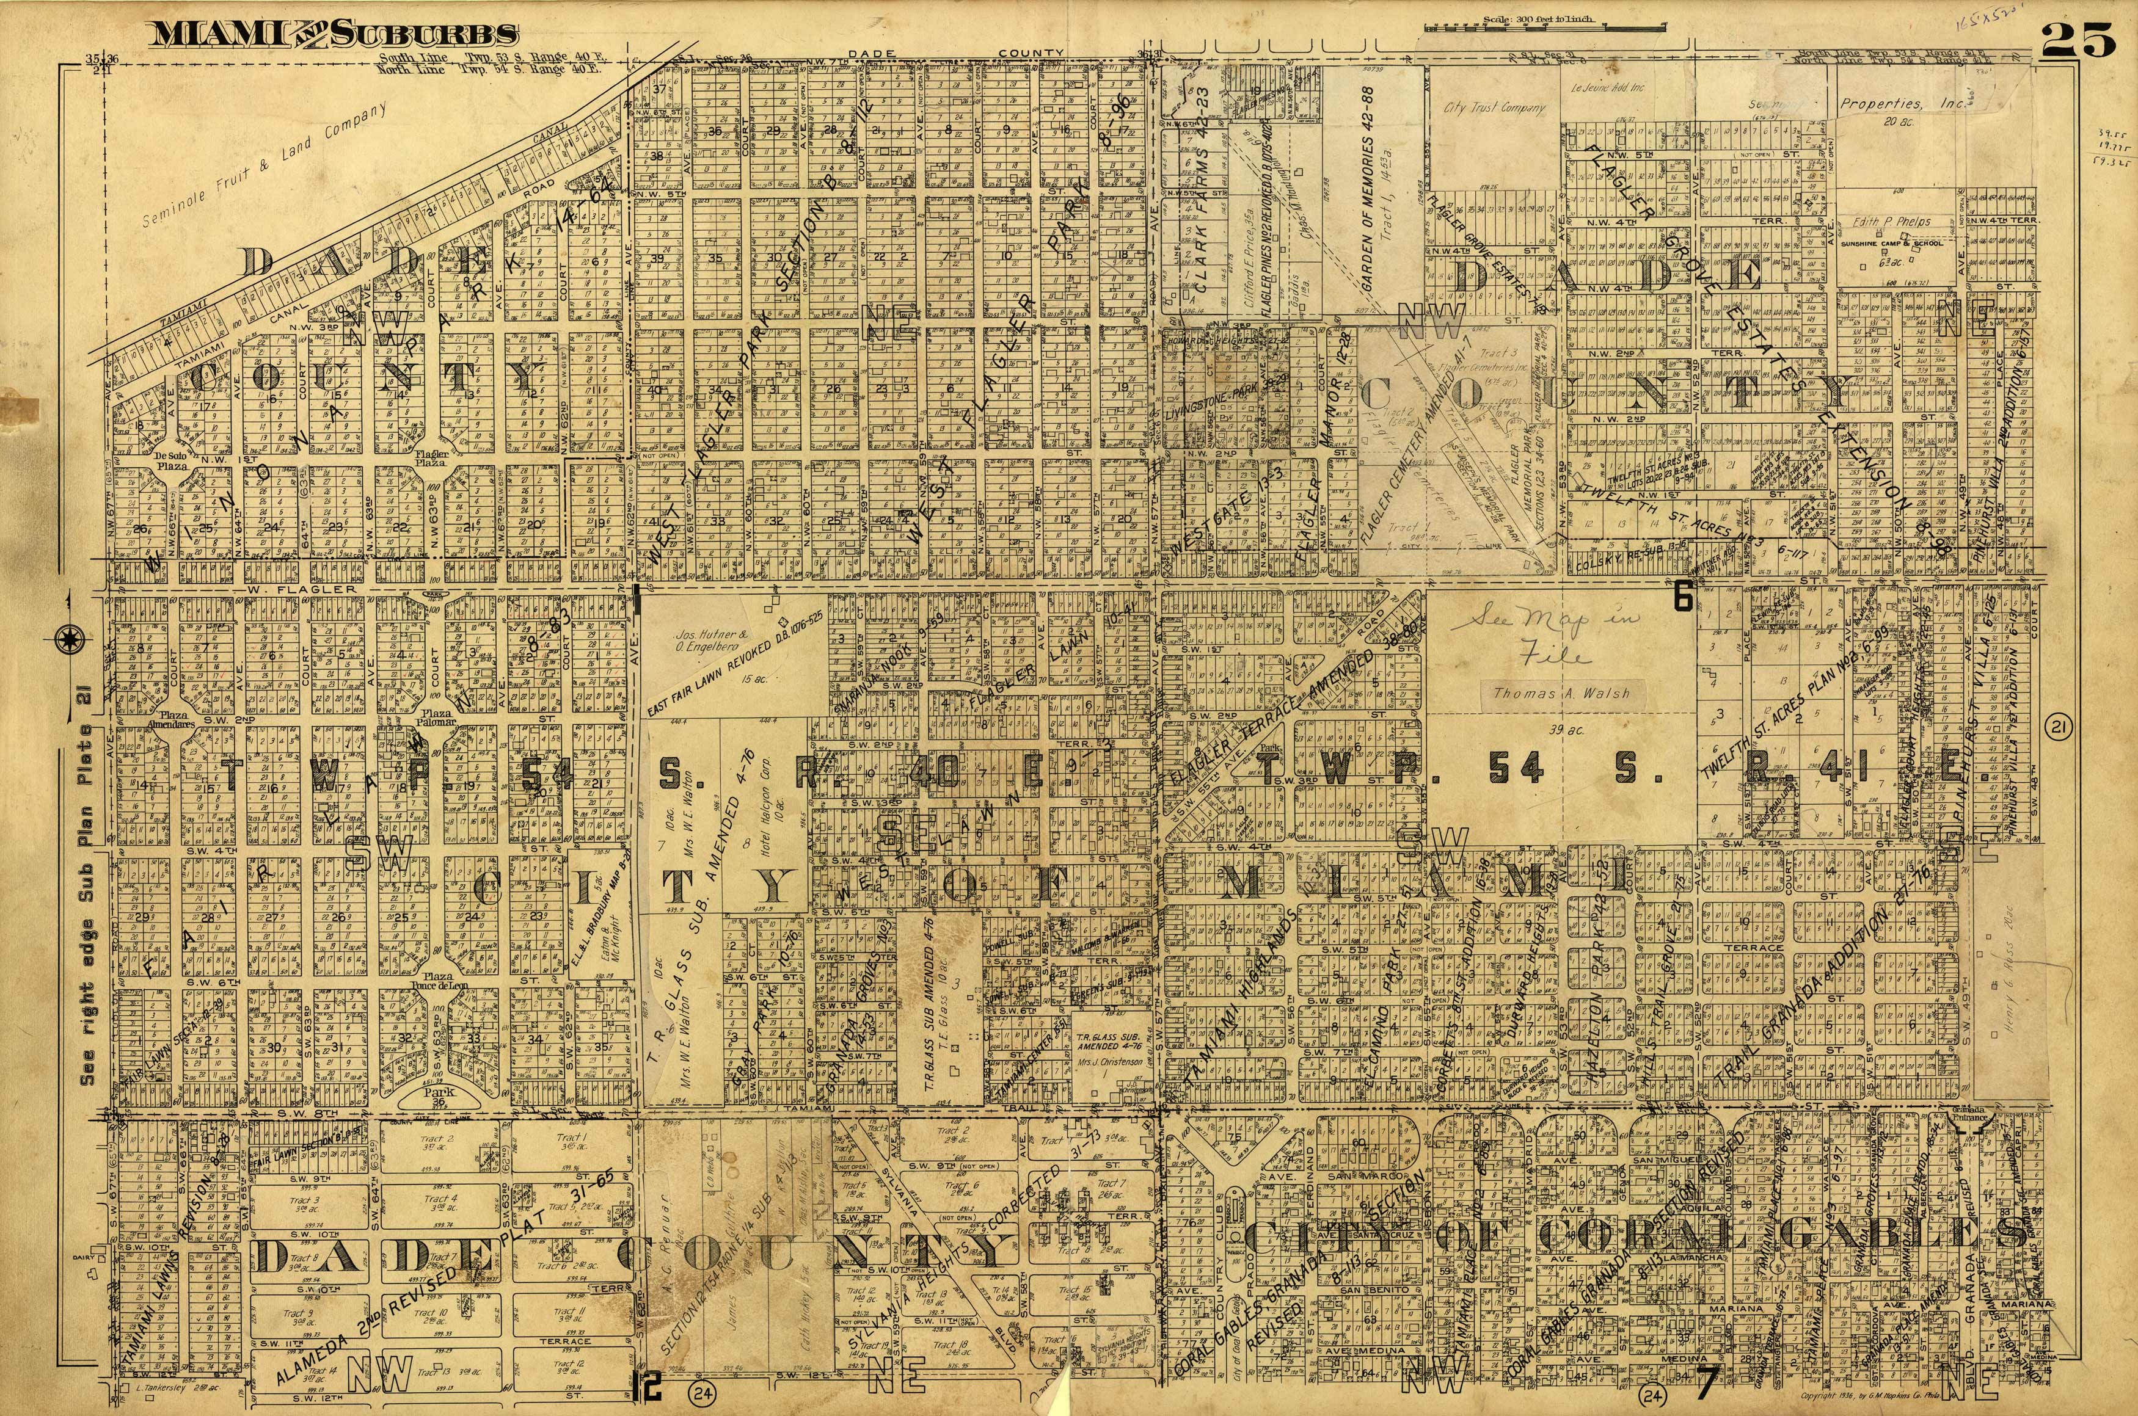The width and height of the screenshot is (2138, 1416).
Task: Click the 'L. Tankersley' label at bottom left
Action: pos(151,1385)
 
